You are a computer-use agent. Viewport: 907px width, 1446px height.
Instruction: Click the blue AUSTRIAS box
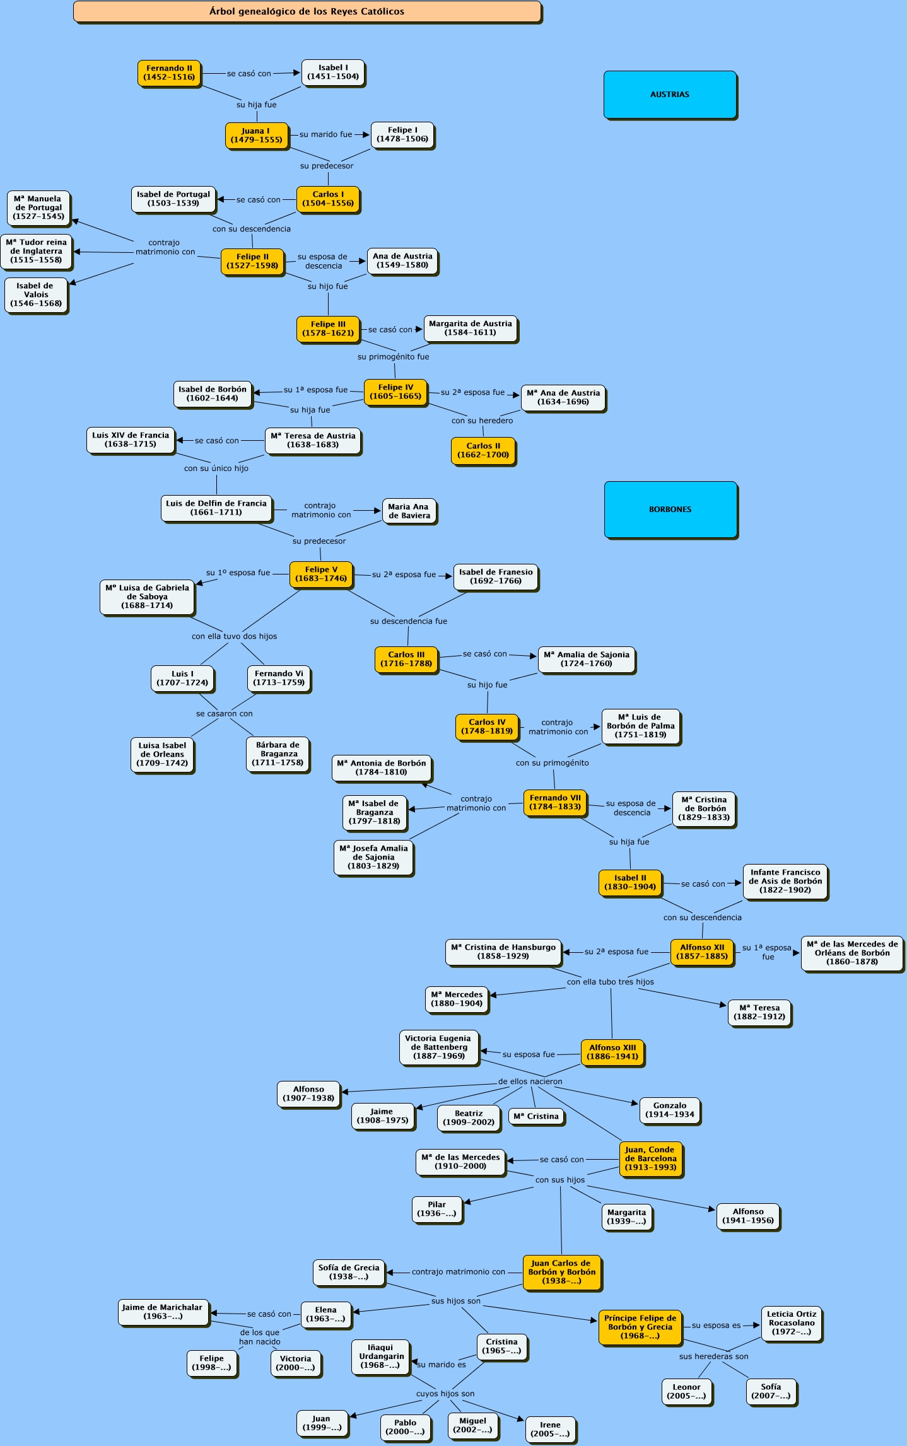(670, 95)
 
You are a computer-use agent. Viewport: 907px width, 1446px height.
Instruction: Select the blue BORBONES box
(670, 510)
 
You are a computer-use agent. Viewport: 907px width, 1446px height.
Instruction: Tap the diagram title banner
(307, 11)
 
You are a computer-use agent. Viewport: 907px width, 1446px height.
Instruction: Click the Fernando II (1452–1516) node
(169, 73)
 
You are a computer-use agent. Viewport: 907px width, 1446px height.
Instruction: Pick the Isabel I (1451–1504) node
(333, 72)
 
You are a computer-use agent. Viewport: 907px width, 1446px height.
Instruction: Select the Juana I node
(256, 135)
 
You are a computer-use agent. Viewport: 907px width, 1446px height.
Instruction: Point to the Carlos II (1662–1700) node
(483, 450)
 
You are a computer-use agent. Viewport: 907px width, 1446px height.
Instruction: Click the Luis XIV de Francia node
(131, 440)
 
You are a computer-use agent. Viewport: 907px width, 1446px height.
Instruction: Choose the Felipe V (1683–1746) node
(321, 574)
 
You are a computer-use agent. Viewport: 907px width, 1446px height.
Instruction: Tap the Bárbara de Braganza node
(278, 754)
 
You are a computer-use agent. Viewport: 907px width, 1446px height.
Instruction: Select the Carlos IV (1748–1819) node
(487, 726)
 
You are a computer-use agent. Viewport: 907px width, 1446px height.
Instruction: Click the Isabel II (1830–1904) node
(630, 882)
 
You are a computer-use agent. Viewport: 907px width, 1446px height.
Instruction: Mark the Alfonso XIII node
(612, 1052)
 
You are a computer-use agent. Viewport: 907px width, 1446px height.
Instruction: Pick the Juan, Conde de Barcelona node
(650, 1158)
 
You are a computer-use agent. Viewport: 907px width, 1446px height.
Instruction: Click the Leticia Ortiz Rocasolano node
(792, 1323)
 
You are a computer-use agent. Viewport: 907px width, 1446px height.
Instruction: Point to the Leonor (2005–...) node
(686, 1391)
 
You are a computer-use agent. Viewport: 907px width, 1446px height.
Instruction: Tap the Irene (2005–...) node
(550, 1429)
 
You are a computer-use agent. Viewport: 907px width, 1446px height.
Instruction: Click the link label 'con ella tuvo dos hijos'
(234, 636)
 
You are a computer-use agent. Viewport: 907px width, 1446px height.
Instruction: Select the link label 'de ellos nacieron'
(530, 1082)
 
